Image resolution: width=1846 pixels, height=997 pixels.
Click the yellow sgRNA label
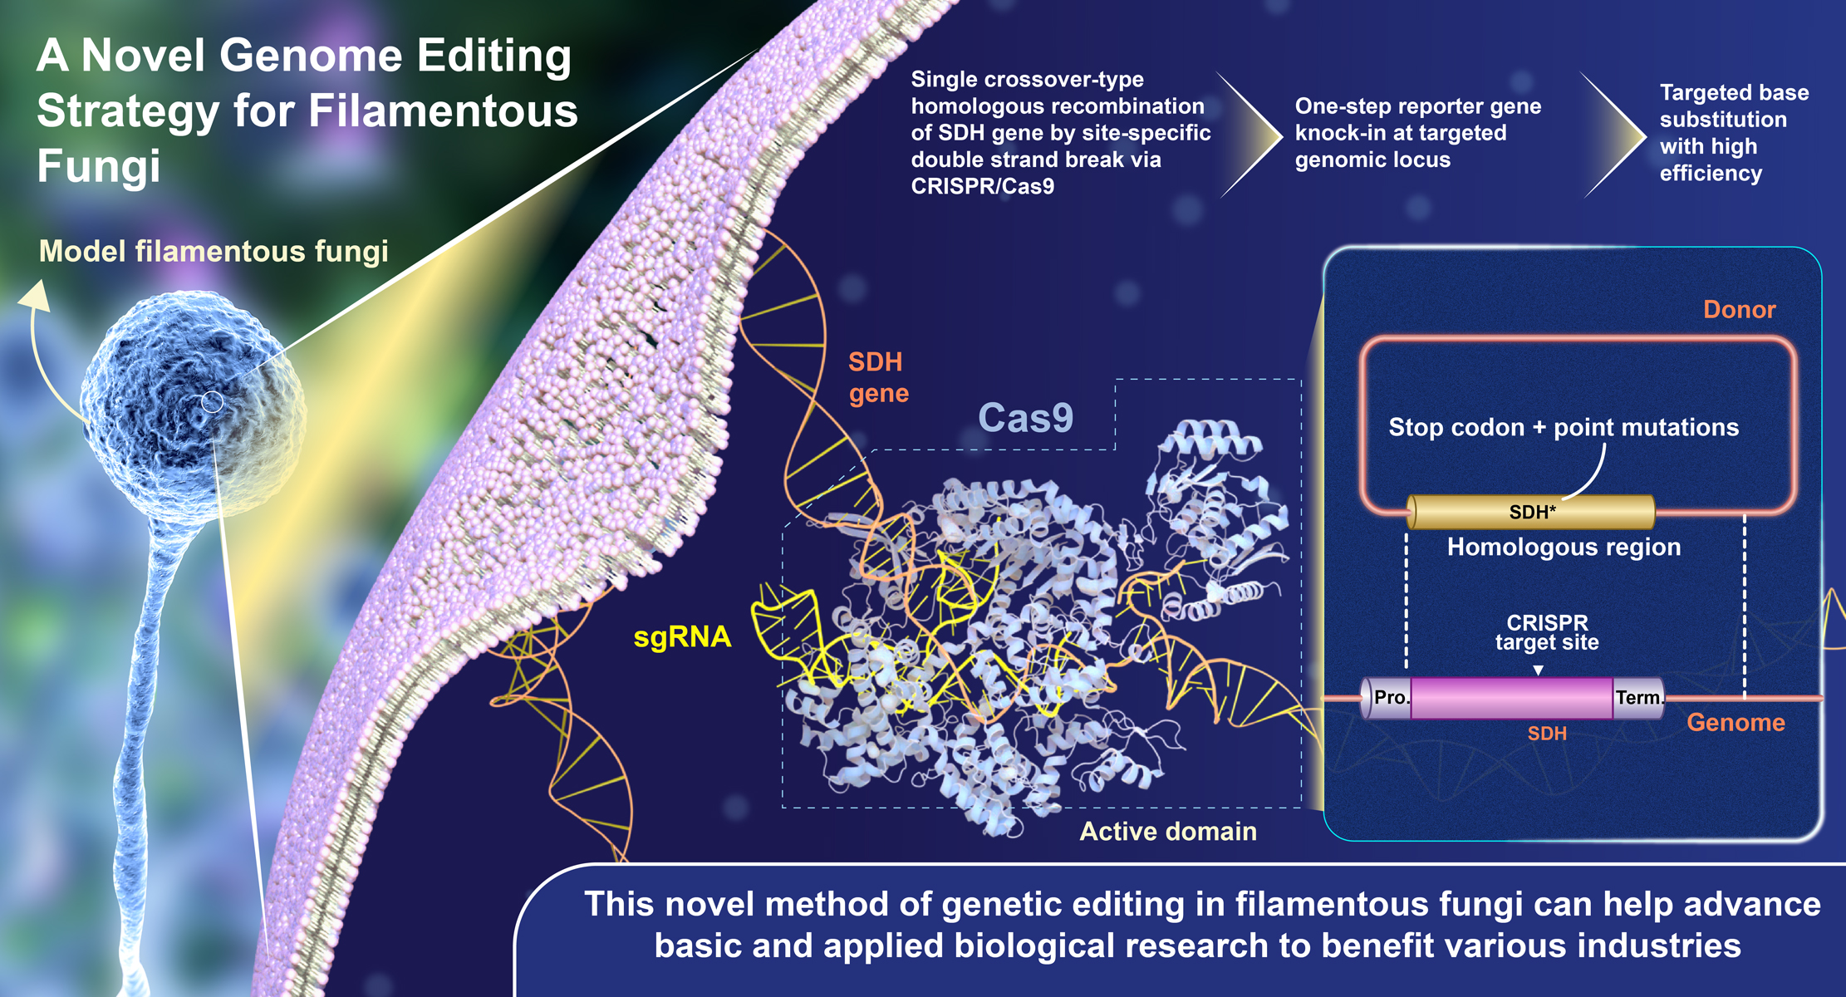coord(682,638)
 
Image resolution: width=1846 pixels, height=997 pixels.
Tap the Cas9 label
coord(1026,418)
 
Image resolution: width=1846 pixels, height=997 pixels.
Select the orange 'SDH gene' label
coord(878,377)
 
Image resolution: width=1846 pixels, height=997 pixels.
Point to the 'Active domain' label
coord(1168,831)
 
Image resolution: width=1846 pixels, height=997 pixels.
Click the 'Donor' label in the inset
coord(1739,309)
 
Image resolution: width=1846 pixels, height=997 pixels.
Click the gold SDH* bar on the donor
coord(1530,512)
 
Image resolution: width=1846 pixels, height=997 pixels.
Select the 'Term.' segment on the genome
coord(1639,697)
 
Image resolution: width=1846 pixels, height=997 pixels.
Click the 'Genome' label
coord(1736,722)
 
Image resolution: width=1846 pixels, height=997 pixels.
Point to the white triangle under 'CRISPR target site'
coord(1539,670)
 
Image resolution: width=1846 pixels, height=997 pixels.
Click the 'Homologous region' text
coord(1564,547)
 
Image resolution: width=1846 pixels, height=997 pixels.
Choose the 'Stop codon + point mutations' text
coord(1564,427)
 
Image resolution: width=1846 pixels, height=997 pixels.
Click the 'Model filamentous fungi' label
coord(214,251)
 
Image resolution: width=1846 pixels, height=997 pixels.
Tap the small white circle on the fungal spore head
coord(213,403)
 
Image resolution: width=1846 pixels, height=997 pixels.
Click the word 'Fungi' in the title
coord(98,166)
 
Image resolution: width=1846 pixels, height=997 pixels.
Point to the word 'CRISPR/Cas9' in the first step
coord(982,186)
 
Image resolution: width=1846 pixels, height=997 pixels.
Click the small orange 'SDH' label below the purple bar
coord(1547,734)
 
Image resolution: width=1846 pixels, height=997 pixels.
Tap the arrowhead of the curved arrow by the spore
coord(35,296)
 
